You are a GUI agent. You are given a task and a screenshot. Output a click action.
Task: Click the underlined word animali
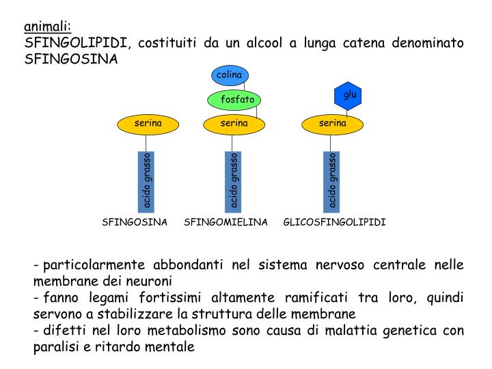47,27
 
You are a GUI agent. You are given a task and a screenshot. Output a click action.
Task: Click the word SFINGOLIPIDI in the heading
76,43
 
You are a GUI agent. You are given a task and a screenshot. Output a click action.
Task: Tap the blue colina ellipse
230,74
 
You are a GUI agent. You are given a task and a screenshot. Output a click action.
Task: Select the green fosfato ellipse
234,100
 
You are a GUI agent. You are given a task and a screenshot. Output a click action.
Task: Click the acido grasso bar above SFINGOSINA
148,181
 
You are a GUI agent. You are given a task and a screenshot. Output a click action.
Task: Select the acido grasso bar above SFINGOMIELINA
234,181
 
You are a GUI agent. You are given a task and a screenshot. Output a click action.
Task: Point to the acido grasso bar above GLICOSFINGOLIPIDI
333,181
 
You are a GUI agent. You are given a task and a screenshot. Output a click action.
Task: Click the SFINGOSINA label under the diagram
135,223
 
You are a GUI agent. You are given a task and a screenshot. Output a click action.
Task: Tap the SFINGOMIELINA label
225,223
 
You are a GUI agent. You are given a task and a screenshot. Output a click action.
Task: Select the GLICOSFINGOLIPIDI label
334,223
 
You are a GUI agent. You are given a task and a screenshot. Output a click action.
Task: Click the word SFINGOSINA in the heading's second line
71,59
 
